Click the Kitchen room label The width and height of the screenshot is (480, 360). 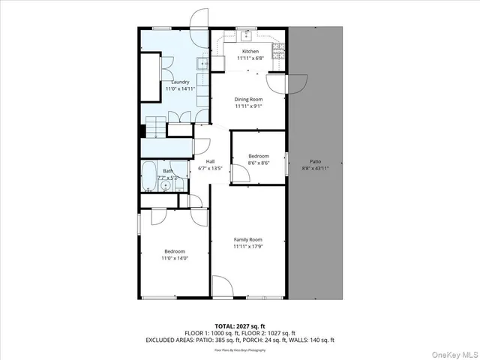click(250, 52)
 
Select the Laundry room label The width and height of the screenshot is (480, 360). click(180, 82)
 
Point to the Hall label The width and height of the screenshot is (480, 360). click(211, 161)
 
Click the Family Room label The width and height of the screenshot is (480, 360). click(247, 239)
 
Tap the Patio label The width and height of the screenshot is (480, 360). click(316, 161)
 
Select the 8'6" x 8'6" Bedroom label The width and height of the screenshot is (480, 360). click(259, 156)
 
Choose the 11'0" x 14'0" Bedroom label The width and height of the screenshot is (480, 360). click(174, 251)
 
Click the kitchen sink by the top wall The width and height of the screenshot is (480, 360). click(247, 34)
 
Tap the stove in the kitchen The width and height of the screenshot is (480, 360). click(278, 50)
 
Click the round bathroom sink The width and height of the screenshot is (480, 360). click(166, 185)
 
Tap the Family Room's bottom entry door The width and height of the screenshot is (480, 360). click(223, 286)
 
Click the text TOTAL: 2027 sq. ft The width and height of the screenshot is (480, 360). click(240, 325)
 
